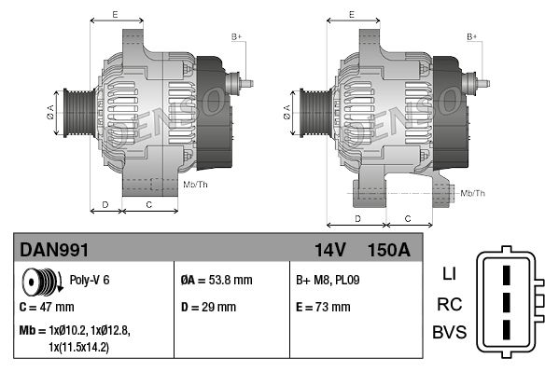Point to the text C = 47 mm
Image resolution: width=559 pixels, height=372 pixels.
(x=47, y=307)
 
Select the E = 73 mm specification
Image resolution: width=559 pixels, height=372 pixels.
(x=324, y=307)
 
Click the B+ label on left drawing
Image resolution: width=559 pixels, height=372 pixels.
(x=236, y=36)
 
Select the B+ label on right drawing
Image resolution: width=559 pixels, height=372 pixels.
(x=471, y=36)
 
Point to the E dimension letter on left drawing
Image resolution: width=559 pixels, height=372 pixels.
(x=114, y=15)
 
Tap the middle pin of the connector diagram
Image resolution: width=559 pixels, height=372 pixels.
(x=505, y=304)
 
